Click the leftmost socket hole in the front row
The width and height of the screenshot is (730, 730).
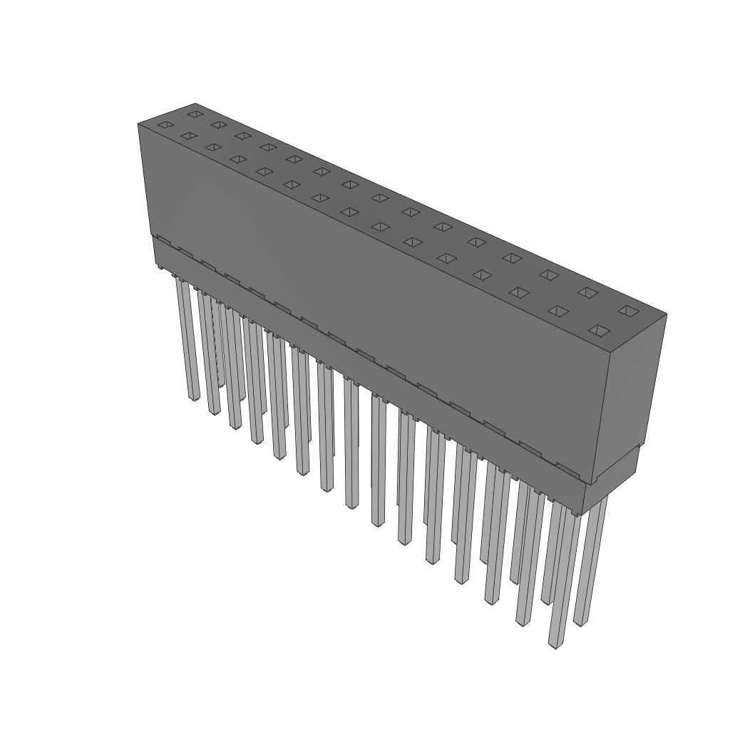pos(165,125)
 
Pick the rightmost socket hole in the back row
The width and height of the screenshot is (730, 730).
pos(627,310)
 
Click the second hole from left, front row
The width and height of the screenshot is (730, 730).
pos(189,135)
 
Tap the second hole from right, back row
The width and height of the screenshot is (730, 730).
pos(587,292)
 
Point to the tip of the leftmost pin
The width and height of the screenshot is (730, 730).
pos(193,396)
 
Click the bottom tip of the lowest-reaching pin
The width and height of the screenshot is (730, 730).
pos(553,644)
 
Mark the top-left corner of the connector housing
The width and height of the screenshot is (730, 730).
pos(138,124)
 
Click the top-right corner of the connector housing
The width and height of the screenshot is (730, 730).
pos(667,314)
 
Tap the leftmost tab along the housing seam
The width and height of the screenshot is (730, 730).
pos(162,241)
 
